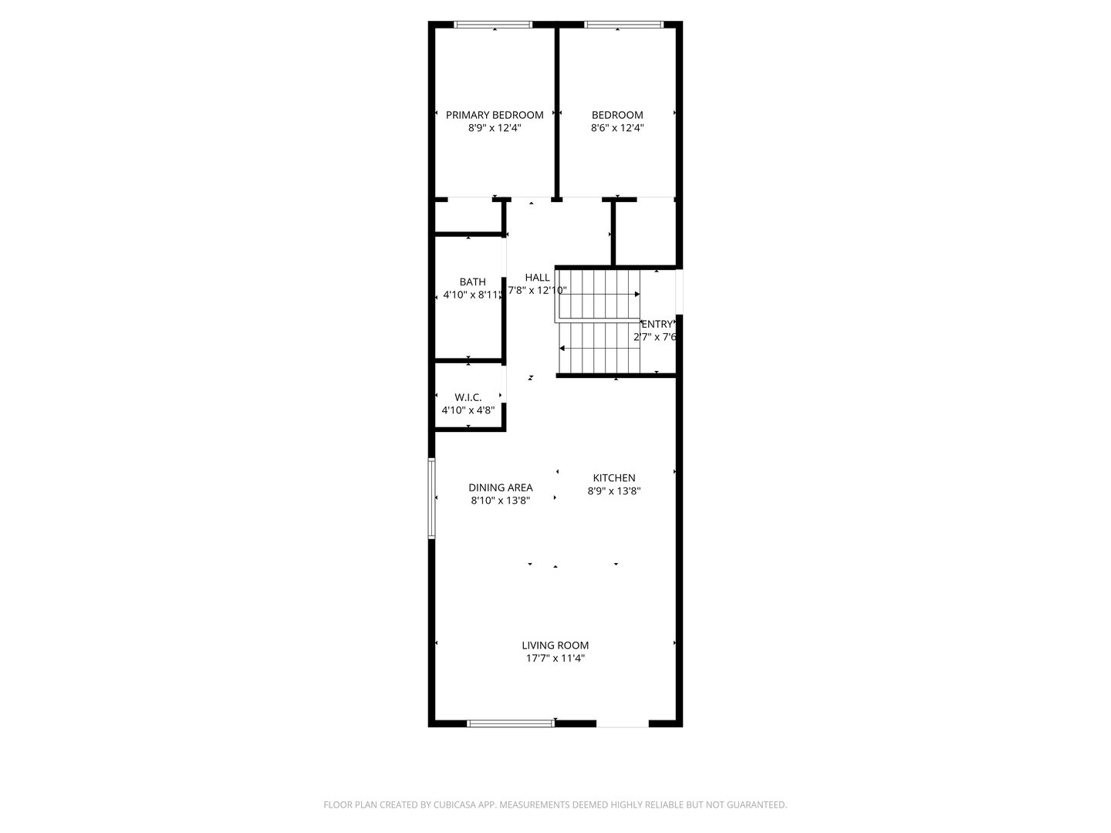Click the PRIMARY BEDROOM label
point(495,115)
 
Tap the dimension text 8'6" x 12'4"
point(617,128)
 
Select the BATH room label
point(472,282)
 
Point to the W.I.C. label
point(468,397)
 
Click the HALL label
point(537,278)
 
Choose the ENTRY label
point(657,324)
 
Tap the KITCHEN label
point(614,478)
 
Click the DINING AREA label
point(500,487)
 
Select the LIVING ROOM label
point(555,646)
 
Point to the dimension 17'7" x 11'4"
point(555,659)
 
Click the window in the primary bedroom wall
point(493,25)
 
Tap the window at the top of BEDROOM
point(623,25)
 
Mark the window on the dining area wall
point(432,498)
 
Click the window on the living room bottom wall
point(511,723)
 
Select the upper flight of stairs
point(599,294)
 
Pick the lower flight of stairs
point(600,348)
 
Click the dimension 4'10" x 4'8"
point(468,410)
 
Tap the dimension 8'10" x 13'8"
point(500,501)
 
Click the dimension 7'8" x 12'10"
point(537,291)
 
